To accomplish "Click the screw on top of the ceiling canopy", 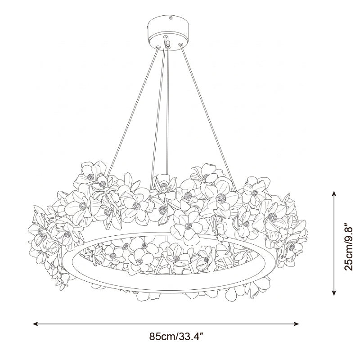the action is tap(171, 18).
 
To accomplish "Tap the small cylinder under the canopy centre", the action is tap(168, 43).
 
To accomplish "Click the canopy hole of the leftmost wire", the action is tap(158, 47).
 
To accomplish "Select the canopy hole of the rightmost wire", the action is tap(180, 44).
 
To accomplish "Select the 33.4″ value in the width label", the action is tap(190, 337).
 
